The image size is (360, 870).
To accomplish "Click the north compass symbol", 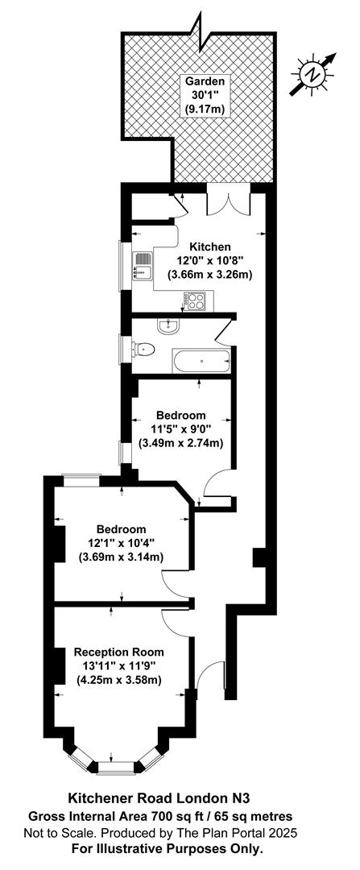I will (x=314, y=74).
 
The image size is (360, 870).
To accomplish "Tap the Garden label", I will (x=207, y=81).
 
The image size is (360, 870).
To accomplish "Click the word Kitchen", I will (x=210, y=246).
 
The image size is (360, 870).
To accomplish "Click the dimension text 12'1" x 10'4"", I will (x=121, y=543).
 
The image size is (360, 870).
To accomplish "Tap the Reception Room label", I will (x=119, y=652).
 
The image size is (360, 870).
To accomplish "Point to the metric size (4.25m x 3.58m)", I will (x=119, y=679).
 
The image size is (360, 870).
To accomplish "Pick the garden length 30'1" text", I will (x=207, y=95).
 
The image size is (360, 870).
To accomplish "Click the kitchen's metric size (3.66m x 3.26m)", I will (x=210, y=274).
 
